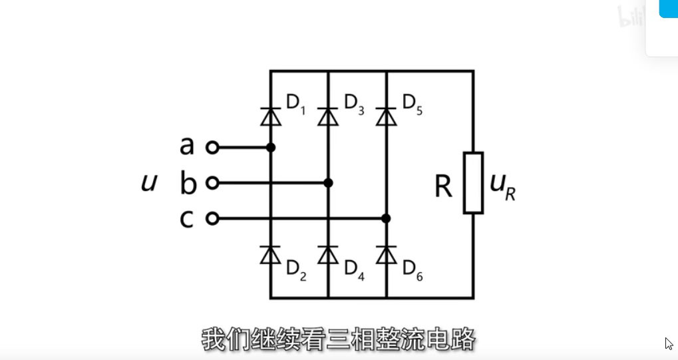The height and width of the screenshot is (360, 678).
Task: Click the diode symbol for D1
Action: [x=270, y=116]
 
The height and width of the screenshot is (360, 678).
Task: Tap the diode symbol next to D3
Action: [x=328, y=116]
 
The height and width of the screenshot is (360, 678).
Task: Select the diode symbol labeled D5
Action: [x=386, y=116]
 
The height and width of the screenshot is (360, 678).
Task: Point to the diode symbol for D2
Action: [x=270, y=255]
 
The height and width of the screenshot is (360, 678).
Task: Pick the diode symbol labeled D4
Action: [x=328, y=255]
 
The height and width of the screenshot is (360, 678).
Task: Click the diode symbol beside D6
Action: [x=386, y=255]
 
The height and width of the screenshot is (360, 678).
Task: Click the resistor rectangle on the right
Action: [x=473, y=183]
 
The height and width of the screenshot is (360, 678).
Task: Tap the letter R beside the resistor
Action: [x=443, y=188]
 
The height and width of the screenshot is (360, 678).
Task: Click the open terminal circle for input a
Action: [x=212, y=148]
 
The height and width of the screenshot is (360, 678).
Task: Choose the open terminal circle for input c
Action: [x=212, y=218]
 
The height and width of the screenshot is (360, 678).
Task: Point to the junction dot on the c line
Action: [x=386, y=218]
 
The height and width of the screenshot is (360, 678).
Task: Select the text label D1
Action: [x=295, y=104]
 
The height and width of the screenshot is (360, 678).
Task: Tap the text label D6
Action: [x=413, y=270]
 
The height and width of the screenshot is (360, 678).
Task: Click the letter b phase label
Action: [x=188, y=183]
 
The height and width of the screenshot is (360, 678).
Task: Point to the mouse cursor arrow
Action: [x=669, y=344]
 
